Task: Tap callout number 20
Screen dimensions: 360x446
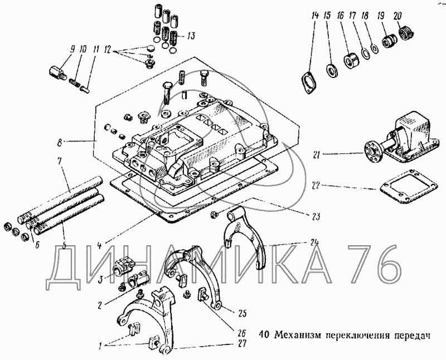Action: (x=397, y=16)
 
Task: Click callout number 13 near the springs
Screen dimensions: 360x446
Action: (x=191, y=37)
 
